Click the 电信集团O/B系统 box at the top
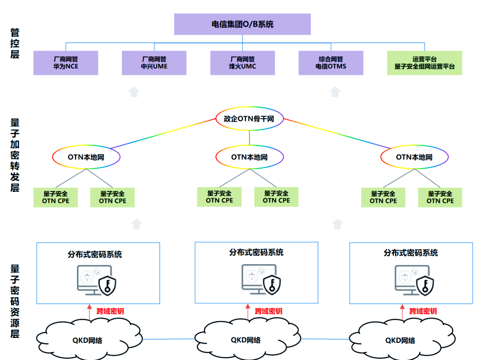(x=242, y=24)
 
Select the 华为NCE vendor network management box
(x=66, y=63)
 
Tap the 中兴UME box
(x=154, y=63)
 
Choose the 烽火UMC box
(x=243, y=63)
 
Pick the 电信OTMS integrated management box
(x=331, y=63)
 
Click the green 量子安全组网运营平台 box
(x=424, y=63)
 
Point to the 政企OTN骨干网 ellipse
(x=249, y=119)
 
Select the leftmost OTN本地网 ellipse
(x=86, y=157)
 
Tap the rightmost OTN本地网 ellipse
(x=414, y=157)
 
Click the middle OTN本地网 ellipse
(x=249, y=157)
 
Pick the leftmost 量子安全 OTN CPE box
(x=55, y=197)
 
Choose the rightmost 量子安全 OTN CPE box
(x=440, y=197)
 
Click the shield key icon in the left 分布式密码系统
(x=108, y=285)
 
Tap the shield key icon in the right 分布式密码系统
(x=424, y=284)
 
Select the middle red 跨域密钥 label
(x=268, y=311)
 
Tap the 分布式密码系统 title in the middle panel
(x=256, y=252)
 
